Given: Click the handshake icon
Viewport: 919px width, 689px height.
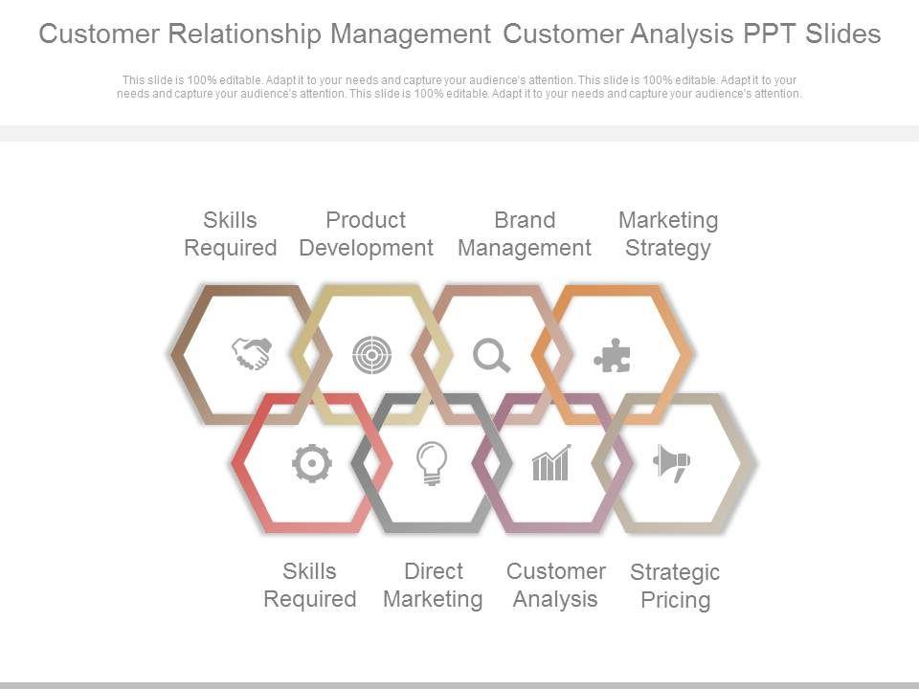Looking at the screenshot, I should click(x=252, y=354).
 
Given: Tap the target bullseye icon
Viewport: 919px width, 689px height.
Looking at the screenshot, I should click(x=371, y=355).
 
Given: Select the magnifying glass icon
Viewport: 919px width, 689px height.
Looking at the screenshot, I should click(x=492, y=356).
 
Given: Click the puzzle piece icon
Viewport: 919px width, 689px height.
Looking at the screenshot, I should click(x=612, y=357).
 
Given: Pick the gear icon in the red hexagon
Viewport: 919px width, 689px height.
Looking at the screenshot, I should click(x=311, y=464).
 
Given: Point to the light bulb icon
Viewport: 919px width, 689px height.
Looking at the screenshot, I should click(x=432, y=464).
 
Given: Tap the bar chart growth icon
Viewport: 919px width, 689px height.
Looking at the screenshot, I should click(x=551, y=463).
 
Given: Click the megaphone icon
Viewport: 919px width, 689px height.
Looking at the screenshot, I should click(x=672, y=463).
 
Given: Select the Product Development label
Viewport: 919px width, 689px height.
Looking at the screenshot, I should click(x=366, y=234).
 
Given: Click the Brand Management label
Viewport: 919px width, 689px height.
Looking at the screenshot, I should click(x=525, y=234).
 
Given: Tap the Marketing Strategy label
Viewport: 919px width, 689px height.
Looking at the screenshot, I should click(x=668, y=234).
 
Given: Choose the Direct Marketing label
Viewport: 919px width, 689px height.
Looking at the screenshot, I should click(x=433, y=586).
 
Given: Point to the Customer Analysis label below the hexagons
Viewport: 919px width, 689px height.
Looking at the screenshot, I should click(x=555, y=586).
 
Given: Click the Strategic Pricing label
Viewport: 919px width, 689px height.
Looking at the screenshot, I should click(x=675, y=587).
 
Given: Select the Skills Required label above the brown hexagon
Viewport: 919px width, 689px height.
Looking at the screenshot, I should click(x=230, y=234).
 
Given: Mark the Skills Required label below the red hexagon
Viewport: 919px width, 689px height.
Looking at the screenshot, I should click(x=309, y=586).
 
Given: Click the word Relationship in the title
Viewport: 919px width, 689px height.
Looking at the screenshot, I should click(x=245, y=34).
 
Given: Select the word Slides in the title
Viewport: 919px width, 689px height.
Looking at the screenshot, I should click(x=842, y=34).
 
